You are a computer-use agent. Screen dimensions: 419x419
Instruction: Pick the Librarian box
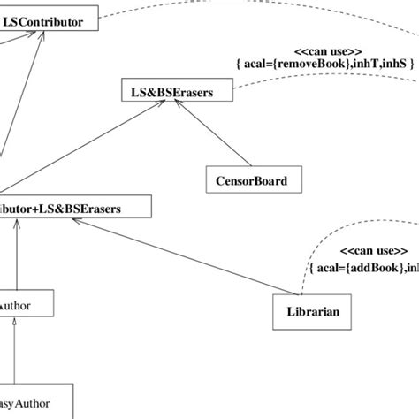coord(313,312)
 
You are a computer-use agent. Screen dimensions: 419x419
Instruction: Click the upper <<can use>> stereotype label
coord(322,50)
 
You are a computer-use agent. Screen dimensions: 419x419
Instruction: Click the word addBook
coord(378,265)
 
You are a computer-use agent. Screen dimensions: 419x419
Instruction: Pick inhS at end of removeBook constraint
coord(395,64)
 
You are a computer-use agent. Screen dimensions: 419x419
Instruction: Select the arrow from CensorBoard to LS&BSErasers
coord(212,133)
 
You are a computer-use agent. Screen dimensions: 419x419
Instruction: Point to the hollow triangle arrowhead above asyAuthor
coord(14,330)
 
